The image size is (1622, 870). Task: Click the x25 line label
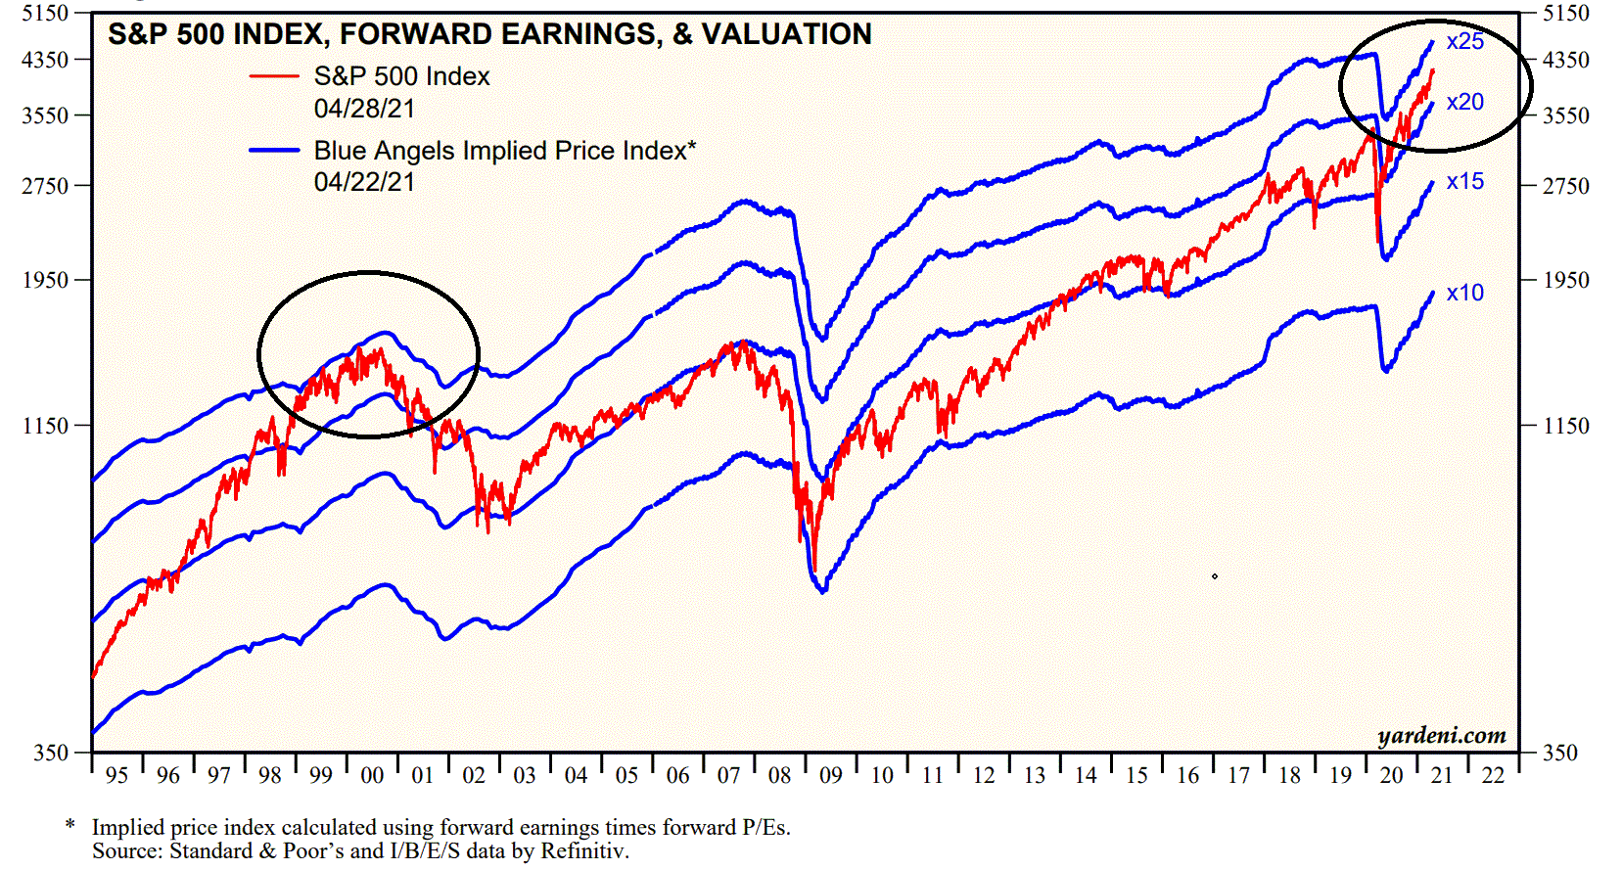[x=1464, y=41]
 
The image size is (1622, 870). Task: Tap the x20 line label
[x=1464, y=102]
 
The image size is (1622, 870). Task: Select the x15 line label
[x=1464, y=181]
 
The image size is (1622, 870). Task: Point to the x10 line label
[x=1464, y=293]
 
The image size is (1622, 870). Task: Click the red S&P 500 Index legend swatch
[x=274, y=76]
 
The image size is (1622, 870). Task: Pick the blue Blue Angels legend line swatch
[x=274, y=151]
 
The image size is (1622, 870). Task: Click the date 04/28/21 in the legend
[x=364, y=109]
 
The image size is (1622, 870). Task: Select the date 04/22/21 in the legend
[x=364, y=182]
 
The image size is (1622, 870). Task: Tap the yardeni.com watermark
[x=1441, y=735]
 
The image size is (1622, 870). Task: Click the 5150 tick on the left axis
[x=45, y=13]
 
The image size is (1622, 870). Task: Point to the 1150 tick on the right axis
[x=1566, y=426]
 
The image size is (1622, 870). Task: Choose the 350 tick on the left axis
[x=51, y=753]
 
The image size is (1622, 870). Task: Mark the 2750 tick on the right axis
[x=1566, y=186]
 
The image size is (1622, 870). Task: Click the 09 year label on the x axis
[x=830, y=776]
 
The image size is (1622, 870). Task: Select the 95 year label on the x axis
[x=116, y=776]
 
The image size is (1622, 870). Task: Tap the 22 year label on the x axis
[x=1493, y=776]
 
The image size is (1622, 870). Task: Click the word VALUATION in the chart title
[x=786, y=34]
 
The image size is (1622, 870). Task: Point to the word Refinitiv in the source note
[x=583, y=850]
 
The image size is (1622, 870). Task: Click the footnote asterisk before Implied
[x=70, y=826]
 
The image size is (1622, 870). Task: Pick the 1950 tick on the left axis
[x=45, y=280]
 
